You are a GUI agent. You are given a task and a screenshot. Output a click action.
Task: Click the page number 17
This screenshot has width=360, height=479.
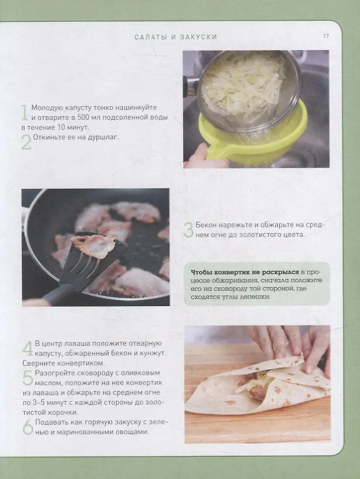326,36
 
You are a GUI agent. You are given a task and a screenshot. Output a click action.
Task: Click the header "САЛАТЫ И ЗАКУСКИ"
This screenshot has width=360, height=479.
176,37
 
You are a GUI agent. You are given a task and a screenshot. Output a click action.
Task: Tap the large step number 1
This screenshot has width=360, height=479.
24,113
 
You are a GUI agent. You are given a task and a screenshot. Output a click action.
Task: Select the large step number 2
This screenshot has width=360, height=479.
26,142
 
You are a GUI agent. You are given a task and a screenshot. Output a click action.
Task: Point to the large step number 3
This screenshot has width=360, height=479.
188,230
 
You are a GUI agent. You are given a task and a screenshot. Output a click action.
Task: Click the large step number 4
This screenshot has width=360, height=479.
28,348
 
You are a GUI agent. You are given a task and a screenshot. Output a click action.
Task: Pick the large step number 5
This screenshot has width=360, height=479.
28,378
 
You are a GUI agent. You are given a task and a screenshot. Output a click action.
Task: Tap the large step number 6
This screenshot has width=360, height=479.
28,426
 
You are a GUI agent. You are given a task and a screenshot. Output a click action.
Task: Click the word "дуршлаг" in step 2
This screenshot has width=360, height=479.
104,137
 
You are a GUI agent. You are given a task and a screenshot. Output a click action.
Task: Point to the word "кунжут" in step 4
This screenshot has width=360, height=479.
152,353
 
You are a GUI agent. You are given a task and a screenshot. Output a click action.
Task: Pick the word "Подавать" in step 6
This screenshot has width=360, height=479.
50,422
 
